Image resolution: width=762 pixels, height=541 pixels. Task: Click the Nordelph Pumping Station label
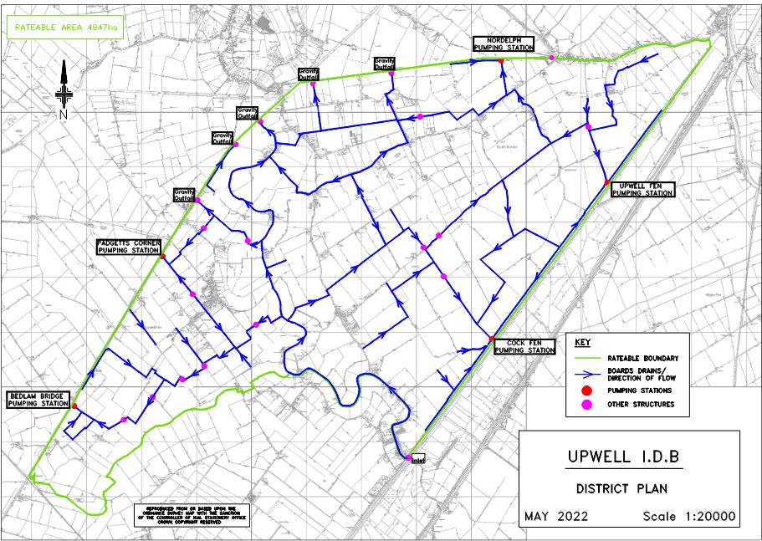point(503,44)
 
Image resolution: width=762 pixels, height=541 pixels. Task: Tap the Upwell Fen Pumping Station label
point(642,189)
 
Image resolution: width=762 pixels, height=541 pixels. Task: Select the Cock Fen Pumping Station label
point(524,346)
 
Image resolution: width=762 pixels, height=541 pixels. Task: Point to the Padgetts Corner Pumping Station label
point(128,246)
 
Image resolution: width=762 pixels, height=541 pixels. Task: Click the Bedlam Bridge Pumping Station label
point(38,399)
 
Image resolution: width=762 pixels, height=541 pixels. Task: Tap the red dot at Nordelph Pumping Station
point(500,60)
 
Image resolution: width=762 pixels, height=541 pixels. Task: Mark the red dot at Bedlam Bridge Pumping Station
point(74,406)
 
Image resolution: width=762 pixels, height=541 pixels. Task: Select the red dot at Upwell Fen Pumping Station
point(606,182)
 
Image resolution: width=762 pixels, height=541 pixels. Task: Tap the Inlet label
point(418,460)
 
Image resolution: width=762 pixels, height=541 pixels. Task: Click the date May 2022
point(556,517)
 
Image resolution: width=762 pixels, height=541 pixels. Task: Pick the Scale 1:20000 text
point(688,517)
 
